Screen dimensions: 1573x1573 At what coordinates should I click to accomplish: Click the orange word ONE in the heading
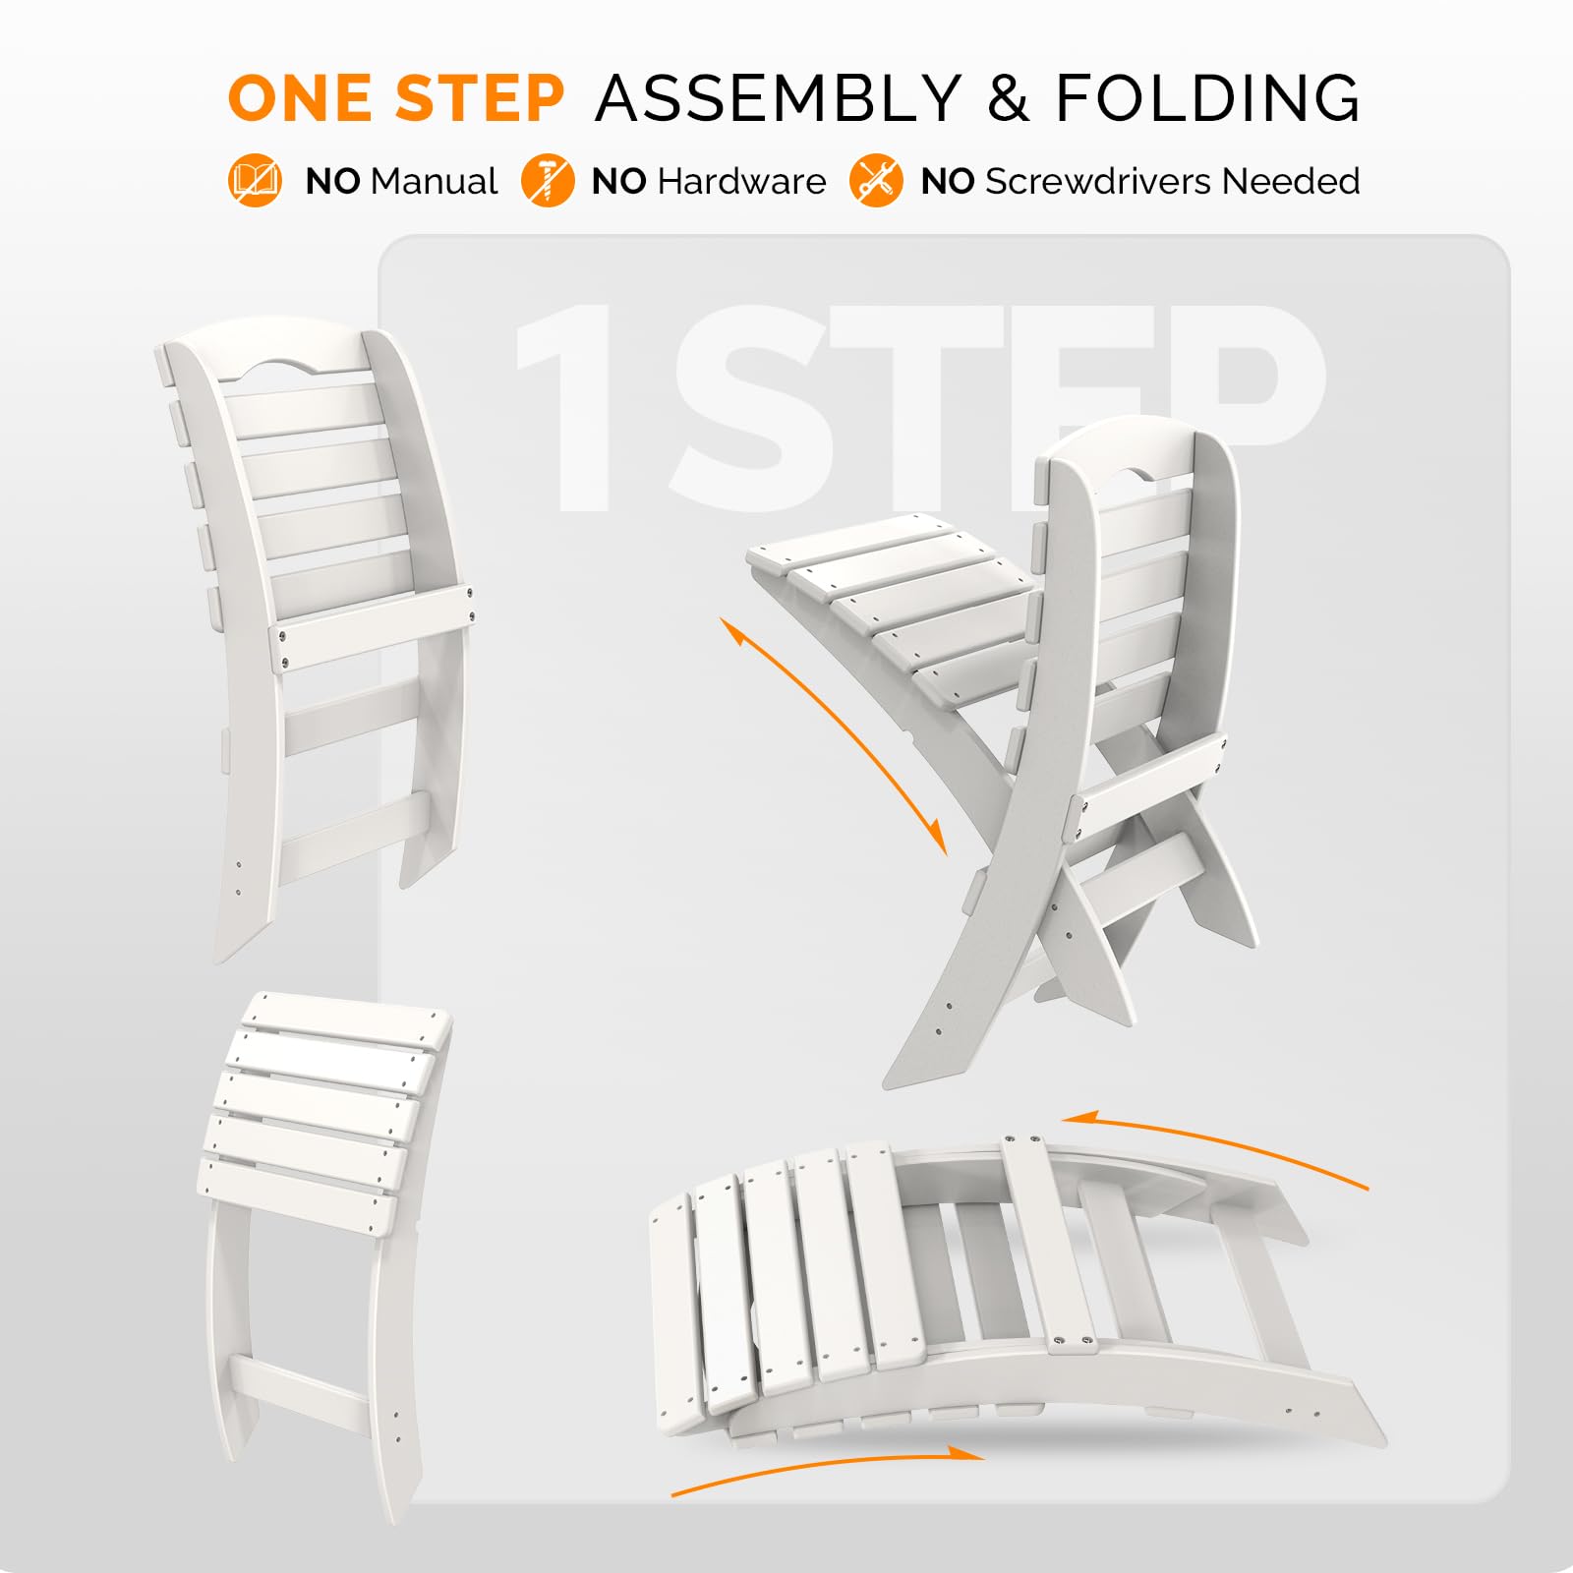300,98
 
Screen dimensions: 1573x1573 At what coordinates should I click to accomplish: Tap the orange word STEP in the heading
479,98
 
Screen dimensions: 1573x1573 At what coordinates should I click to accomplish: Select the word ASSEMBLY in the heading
778,98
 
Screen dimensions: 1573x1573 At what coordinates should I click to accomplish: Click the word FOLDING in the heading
1208,98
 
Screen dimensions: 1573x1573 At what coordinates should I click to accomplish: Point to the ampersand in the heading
1008,98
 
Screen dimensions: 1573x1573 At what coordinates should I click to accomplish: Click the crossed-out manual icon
255,181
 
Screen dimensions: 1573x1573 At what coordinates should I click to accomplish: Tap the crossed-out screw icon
548,181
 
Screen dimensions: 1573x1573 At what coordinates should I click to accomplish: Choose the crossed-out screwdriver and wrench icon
876,181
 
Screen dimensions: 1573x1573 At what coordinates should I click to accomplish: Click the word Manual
435,182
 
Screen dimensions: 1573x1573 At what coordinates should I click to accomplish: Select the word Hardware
742,182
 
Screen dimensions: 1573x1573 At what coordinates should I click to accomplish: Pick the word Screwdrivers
1098,182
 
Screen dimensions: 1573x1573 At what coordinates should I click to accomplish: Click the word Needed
1291,182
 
